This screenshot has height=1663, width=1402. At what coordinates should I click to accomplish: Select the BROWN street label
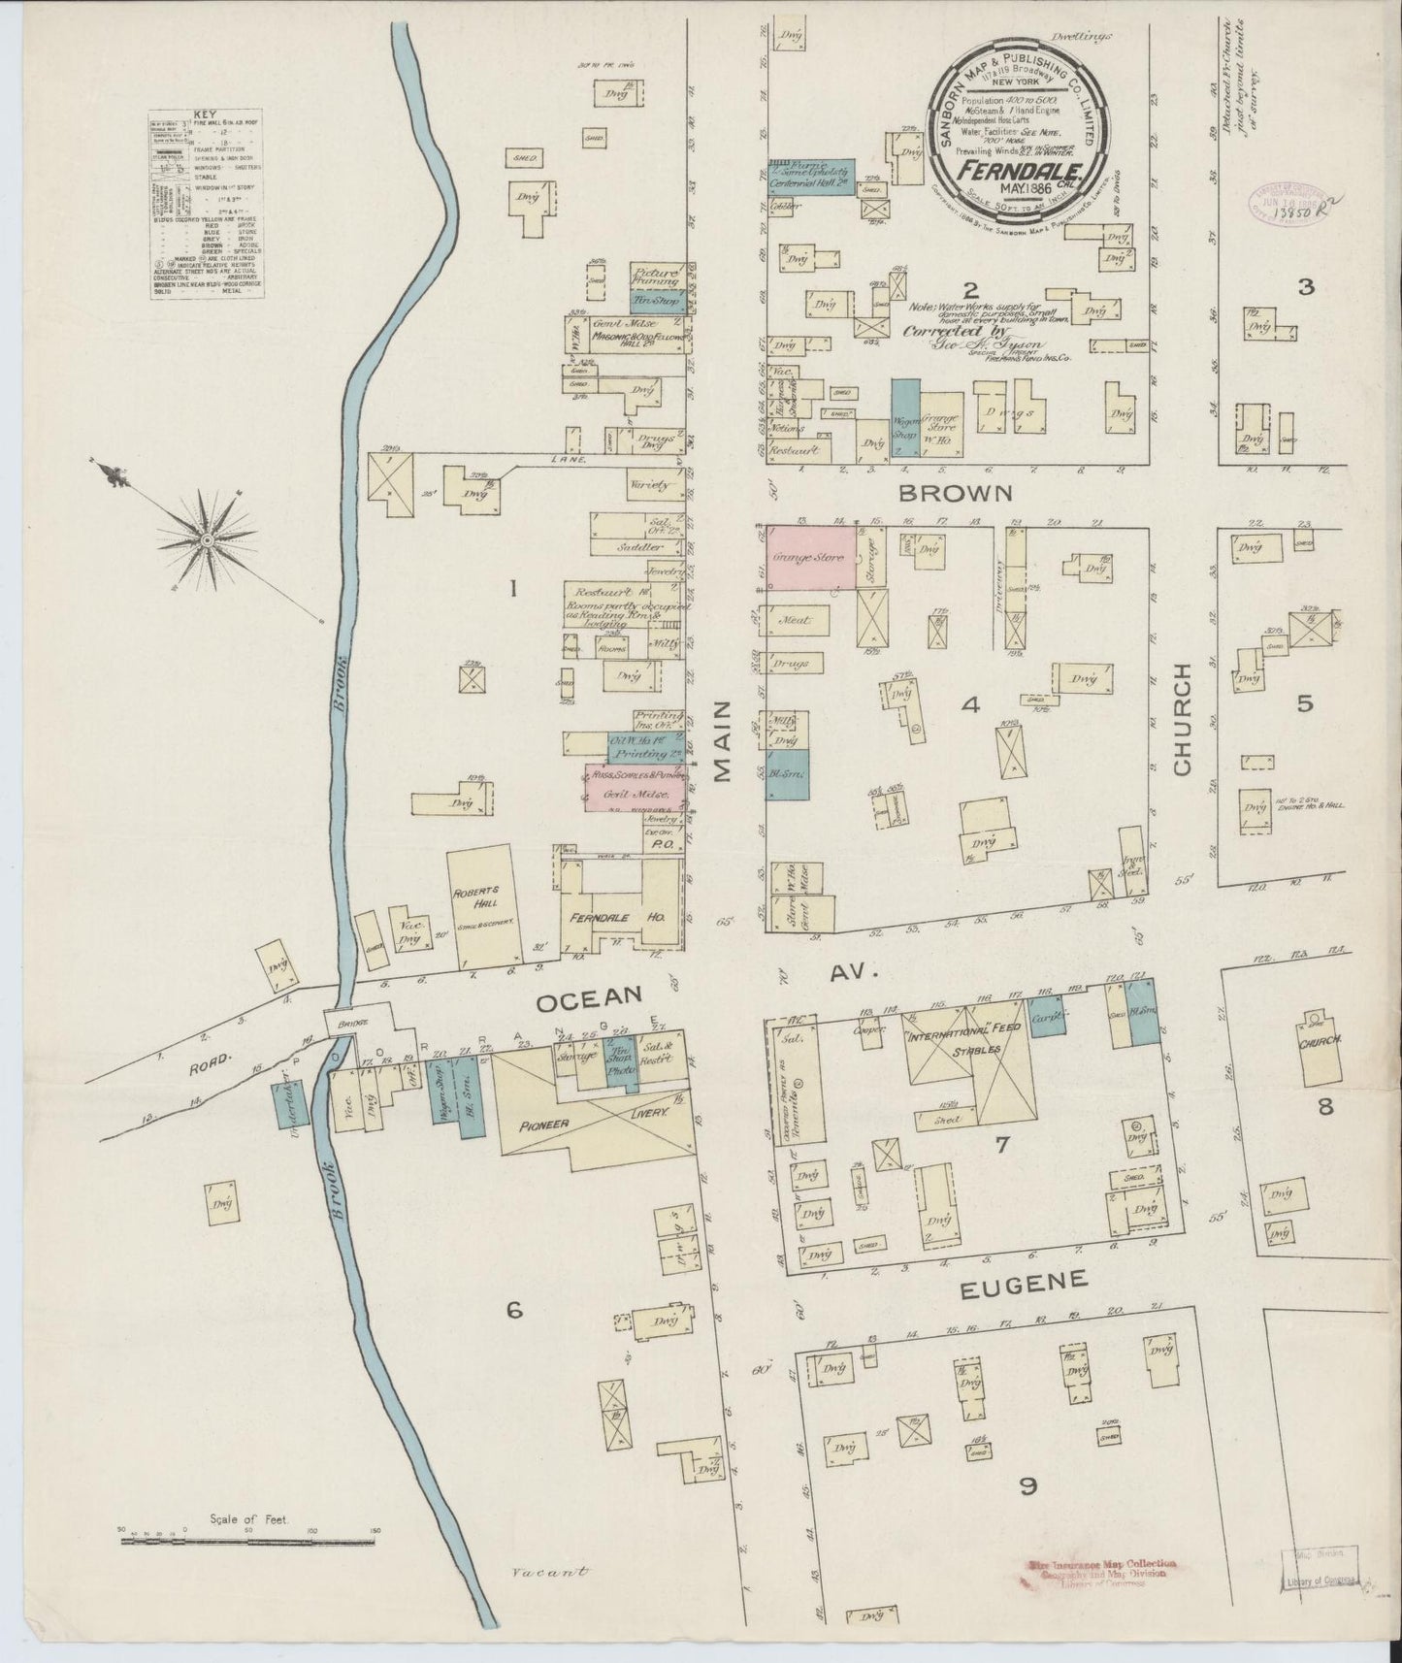pyautogui.click(x=956, y=493)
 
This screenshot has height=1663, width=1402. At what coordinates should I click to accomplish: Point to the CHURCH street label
pyautogui.click(x=1182, y=719)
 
